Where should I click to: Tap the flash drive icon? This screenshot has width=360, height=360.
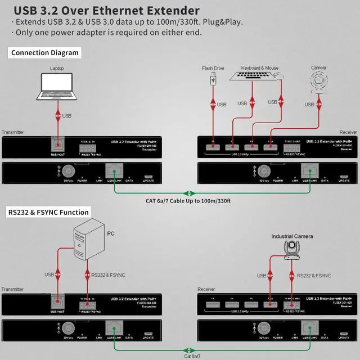(213, 81)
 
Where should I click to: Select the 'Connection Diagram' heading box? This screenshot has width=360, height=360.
(44, 53)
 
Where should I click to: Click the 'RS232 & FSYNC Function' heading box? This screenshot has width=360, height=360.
(49, 212)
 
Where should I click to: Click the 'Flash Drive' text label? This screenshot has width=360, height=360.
(213, 68)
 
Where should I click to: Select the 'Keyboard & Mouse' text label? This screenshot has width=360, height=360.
(260, 68)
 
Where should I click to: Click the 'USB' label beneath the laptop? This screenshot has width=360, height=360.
(67, 116)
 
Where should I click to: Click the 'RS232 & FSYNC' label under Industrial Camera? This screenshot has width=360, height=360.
(313, 276)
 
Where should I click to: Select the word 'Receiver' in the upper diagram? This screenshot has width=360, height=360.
(348, 132)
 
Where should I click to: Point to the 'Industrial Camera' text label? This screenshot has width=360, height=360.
(292, 236)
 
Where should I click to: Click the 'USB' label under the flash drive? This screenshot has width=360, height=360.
(222, 105)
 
